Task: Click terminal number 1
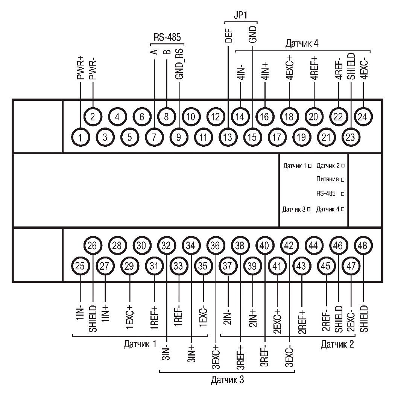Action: click(x=81, y=137)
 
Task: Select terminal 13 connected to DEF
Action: click(x=228, y=137)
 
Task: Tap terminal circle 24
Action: click(x=363, y=117)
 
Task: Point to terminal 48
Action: click(x=363, y=245)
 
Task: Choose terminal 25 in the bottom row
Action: click(x=81, y=266)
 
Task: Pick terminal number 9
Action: click(x=179, y=137)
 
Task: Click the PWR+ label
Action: click(x=81, y=68)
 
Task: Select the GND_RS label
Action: click(x=179, y=64)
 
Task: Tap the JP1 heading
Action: click(x=241, y=15)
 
